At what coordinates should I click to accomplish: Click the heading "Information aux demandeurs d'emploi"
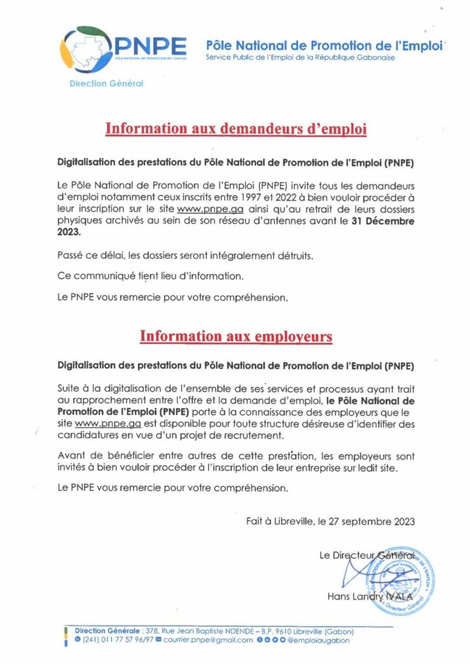click(x=236, y=128)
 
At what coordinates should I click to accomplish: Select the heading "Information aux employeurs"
click(x=236, y=336)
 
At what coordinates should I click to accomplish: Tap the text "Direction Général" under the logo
click(x=106, y=83)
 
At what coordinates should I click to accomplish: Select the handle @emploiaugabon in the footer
click(x=321, y=641)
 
